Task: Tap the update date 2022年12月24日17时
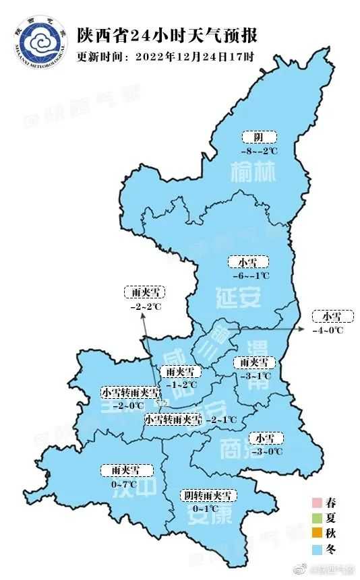click(193, 57)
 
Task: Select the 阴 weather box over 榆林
click(260, 138)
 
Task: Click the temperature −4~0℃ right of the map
click(328, 329)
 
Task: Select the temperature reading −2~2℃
click(146, 307)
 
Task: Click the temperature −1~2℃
click(180, 385)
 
